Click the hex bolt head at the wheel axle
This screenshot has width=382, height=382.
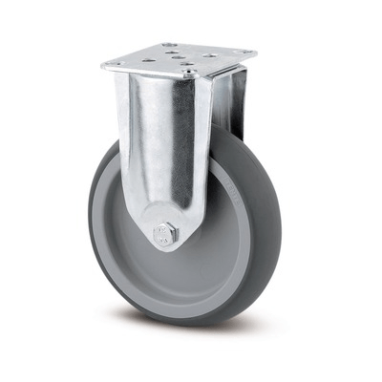(165, 232)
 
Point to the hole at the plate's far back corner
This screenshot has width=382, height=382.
(169, 44)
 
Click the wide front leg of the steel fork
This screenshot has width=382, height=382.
(158, 153)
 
